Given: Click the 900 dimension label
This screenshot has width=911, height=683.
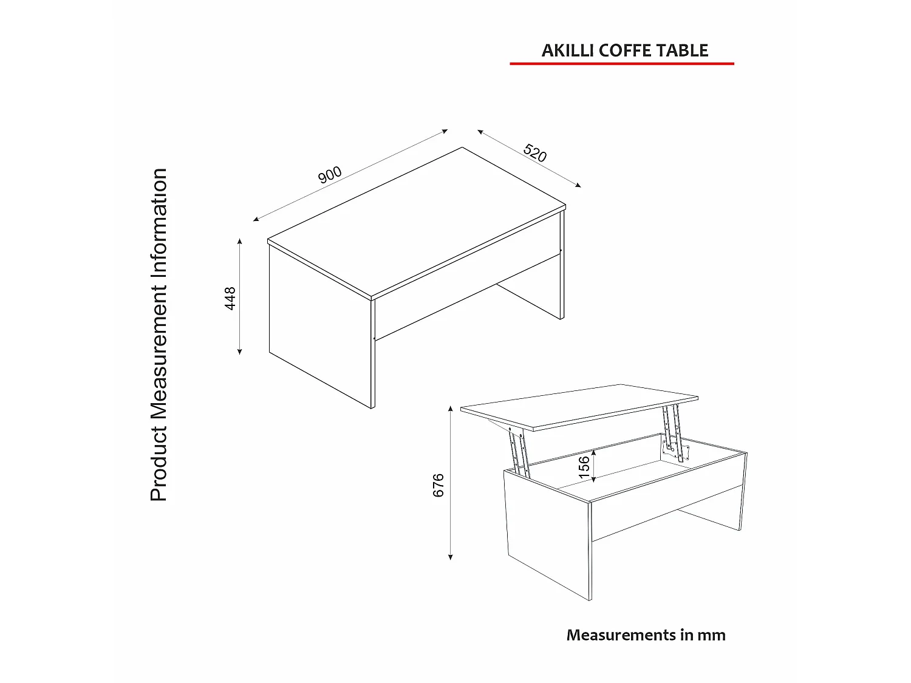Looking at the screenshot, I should click(330, 175).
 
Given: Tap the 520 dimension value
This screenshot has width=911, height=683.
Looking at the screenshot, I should click(535, 153).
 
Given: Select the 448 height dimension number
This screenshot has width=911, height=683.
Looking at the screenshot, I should click(231, 298).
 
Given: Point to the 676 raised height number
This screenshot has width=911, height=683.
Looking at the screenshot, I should click(438, 486).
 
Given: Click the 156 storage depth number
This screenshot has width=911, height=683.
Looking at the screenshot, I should click(584, 467).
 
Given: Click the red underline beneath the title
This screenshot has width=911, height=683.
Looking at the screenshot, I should click(621, 63).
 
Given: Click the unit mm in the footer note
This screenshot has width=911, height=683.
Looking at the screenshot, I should click(711, 635).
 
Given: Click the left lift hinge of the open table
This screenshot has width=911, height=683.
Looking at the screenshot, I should click(519, 450).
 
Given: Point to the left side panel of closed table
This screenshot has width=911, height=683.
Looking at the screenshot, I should click(319, 328).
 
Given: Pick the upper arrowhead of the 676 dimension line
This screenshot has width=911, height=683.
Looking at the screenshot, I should click(451, 409).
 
